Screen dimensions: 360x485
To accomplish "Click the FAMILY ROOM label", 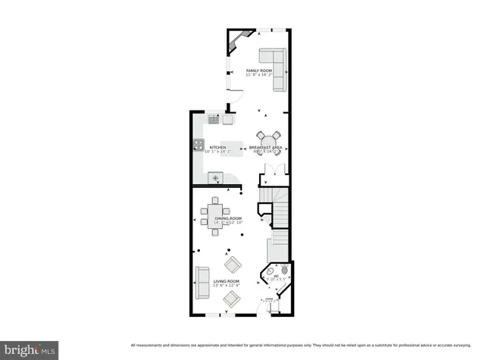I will pos(258,70).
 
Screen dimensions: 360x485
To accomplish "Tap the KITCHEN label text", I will pos(218,147).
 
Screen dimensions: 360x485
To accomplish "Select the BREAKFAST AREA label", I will pos(266,147).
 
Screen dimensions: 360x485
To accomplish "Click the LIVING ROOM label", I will pos(227,281).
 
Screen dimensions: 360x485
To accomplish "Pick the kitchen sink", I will pos(214,119).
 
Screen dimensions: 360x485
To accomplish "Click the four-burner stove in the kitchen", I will pos(199,144).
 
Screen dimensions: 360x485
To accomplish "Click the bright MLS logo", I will pos(30,350).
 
